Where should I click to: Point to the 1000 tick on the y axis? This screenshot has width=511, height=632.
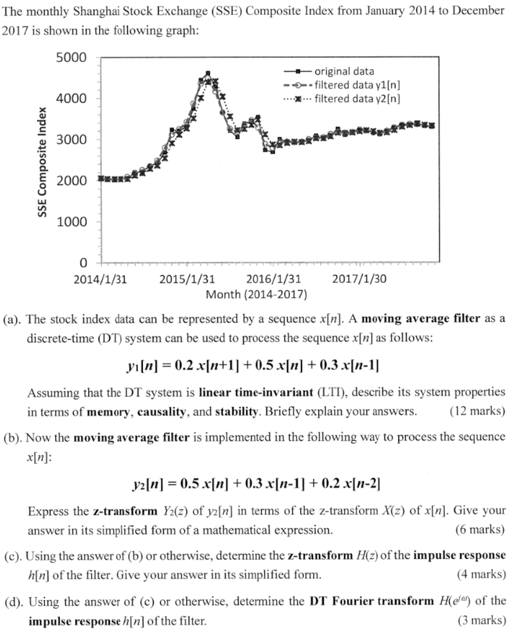[71, 222]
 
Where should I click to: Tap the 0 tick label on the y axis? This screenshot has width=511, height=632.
[83, 263]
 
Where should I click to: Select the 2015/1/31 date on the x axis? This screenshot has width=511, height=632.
[187, 279]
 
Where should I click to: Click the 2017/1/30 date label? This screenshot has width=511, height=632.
[359, 279]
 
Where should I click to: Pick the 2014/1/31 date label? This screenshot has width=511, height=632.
[100, 279]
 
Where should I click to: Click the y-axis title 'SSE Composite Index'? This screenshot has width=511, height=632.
[42, 161]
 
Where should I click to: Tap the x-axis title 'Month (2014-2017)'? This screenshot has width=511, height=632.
[256, 295]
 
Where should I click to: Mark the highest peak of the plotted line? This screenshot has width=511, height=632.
[207, 73]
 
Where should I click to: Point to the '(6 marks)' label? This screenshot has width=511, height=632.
[479, 529]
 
